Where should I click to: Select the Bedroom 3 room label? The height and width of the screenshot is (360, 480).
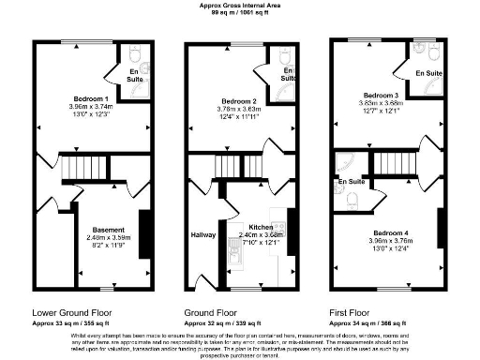pos(380,95)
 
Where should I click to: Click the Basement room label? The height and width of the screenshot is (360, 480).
pos(109,228)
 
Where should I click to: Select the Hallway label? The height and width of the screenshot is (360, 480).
pos(203,234)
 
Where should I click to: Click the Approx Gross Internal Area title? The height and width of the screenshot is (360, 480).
pos(238,5)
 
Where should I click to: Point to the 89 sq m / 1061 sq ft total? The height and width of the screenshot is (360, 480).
pos(238,12)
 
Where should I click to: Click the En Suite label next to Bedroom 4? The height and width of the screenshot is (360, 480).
pos(351,181)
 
